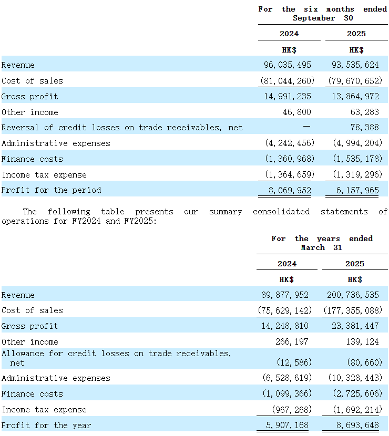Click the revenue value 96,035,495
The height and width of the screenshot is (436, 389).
point(288,65)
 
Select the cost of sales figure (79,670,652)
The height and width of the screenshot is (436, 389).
point(355,81)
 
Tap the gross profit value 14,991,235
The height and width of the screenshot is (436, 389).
point(288,96)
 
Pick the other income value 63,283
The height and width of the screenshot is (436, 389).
point(364,112)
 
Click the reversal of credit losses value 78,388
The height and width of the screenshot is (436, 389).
point(364,127)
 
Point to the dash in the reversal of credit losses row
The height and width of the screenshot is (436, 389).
point(306,126)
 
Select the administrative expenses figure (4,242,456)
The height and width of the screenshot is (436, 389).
point(290,143)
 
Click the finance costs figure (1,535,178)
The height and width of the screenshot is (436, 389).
point(357,159)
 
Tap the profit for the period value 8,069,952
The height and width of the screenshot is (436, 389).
point(290,190)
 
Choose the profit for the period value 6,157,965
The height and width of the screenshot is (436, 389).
point(357,190)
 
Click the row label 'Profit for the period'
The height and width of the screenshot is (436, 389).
point(51,190)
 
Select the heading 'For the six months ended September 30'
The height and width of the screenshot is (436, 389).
point(323,13)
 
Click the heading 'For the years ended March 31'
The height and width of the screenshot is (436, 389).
point(322,243)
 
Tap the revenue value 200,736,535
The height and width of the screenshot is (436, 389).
point(353,295)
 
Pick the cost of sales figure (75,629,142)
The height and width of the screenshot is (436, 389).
point(285,310)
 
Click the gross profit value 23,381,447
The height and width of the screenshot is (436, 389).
point(355,326)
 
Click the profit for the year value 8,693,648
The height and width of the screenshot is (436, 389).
point(357,425)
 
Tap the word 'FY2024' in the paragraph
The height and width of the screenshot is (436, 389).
point(86,221)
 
